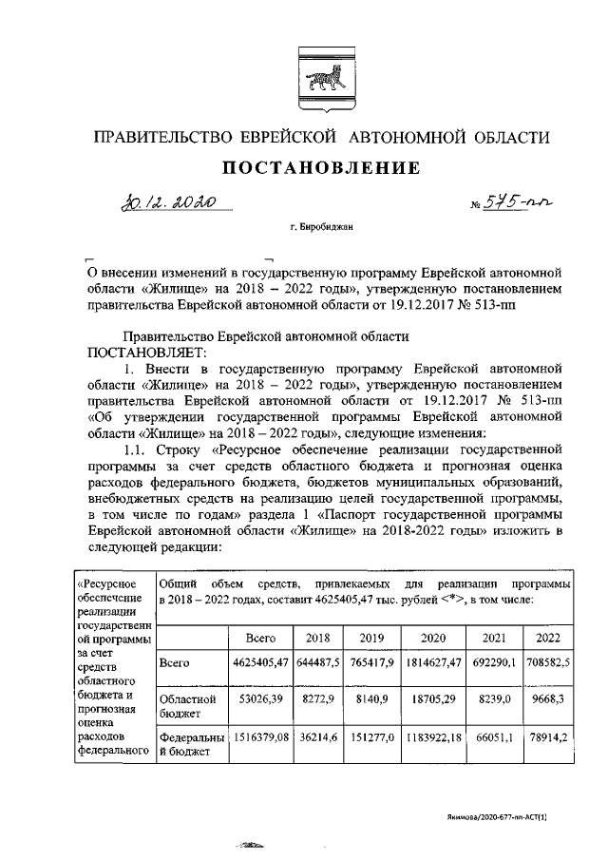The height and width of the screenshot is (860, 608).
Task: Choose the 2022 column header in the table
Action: click(x=548, y=638)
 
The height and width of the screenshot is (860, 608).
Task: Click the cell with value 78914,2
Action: click(x=548, y=736)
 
